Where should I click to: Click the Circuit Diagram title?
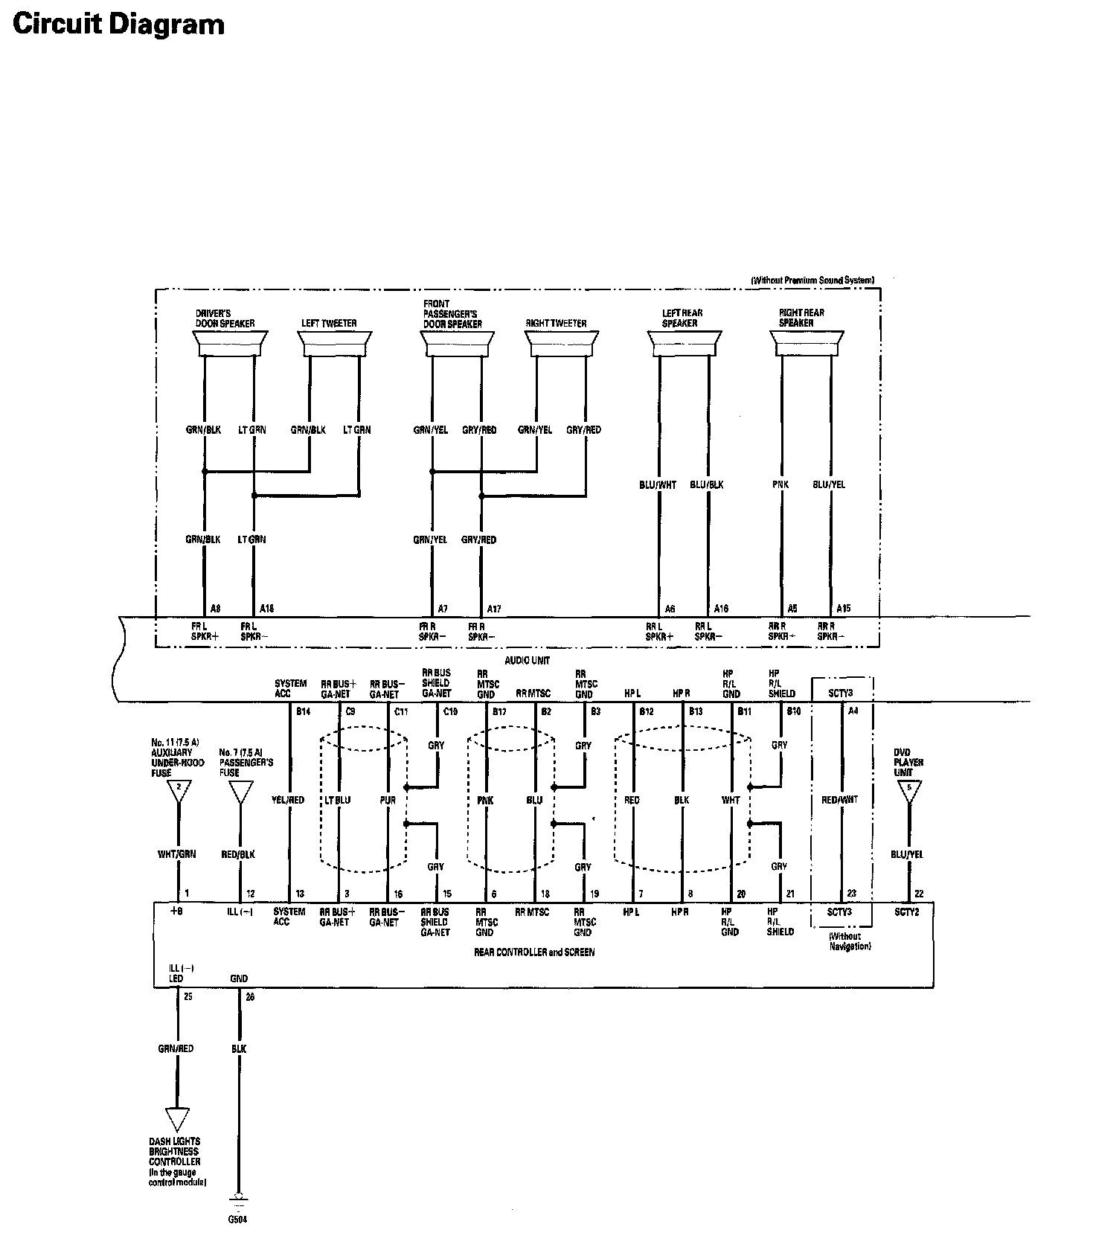pos(119,25)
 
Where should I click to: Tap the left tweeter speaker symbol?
pos(334,345)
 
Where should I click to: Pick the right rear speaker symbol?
pos(807,345)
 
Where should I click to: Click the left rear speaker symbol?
pos(684,345)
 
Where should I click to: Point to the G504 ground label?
pos(238,1220)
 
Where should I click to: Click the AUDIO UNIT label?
pos(528,660)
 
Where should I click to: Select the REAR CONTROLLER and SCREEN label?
pos(534,952)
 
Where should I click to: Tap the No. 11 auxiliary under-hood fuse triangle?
pos(179,790)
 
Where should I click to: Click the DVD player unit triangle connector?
pos(908,790)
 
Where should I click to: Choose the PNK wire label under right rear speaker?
pos(780,484)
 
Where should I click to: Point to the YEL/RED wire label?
pos(289,800)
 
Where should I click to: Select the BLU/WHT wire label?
pos(658,484)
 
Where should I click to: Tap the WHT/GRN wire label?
pos(177,854)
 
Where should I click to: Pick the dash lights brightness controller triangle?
pos(177,1118)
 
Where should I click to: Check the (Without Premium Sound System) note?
pos(812,281)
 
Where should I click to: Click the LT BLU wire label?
pos(338,800)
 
